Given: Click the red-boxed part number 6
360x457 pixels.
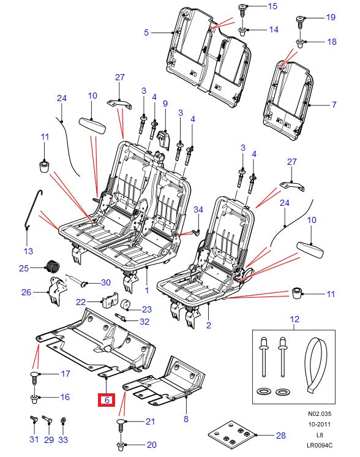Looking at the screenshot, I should [x=107, y=400].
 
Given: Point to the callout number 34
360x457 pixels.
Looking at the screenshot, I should [x=198, y=210].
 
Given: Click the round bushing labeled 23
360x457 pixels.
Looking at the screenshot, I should [x=126, y=305].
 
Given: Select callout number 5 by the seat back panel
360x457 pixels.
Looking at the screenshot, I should [x=146, y=32].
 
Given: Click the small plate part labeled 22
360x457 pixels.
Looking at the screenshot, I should [x=108, y=301].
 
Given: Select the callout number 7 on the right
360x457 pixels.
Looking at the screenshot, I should [x=334, y=105].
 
